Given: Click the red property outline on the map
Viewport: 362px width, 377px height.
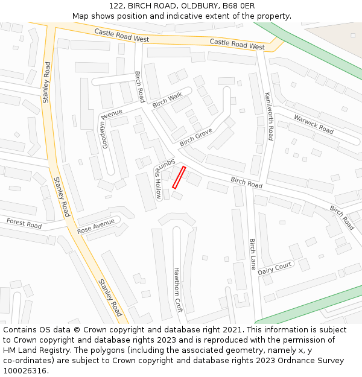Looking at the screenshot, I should [179, 177].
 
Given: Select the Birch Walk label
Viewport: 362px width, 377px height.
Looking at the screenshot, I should [167, 100].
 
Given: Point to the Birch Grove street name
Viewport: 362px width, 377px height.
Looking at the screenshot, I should [195, 138].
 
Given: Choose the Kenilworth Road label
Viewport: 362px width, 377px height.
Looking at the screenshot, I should [269, 116].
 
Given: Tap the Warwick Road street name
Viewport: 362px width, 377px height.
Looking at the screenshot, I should [313, 124].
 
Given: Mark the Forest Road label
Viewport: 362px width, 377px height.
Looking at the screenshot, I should [24, 223].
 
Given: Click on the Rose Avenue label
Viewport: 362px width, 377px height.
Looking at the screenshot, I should [95, 226].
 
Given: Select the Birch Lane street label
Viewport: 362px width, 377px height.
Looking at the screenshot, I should [253, 254].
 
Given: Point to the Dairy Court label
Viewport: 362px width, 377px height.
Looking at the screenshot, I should [275, 268].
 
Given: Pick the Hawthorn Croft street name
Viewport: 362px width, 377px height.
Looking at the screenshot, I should [177, 290].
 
